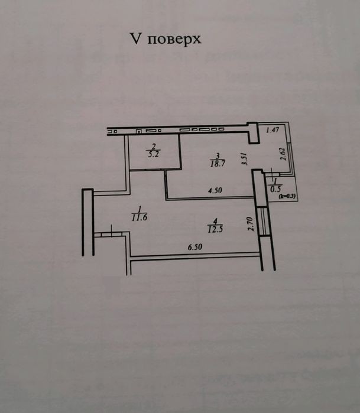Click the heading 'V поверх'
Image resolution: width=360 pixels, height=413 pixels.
tap(166, 39)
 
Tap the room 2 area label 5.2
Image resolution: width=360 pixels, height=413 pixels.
tap(154, 153)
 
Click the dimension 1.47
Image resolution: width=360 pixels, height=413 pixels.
tap(271, 131)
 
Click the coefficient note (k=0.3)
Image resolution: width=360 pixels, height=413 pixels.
tap(289, 196)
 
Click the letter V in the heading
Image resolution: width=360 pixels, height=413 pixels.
tap(135, 39)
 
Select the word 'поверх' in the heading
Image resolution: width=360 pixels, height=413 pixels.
tap(174, 40)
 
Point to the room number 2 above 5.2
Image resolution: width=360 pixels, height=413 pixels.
tap(154, 147)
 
